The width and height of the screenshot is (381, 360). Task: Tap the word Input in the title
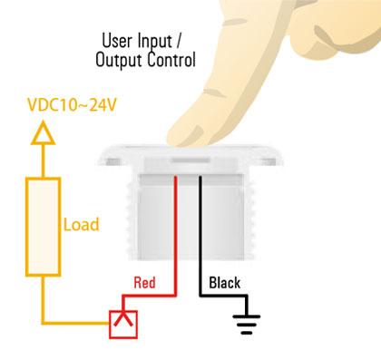click(x=162, y=41)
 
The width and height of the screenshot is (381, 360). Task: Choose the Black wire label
click(x=225, y=283)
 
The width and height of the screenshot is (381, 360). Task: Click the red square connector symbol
click(x=122, y=323)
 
